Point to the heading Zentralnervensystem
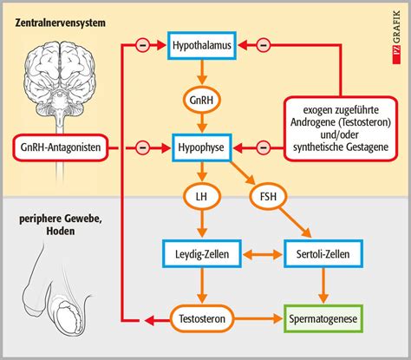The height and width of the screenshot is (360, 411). (x=61, y=23)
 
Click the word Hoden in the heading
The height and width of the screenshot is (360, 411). (x=61, y=231)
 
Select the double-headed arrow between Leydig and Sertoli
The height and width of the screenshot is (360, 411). (x=263, y=254)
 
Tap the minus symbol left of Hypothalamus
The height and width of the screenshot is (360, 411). (x=142, y=45)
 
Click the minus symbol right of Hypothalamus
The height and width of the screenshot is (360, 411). (x=264, y=45)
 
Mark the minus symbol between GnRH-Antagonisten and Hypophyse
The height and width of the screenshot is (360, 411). (x=142, y=147)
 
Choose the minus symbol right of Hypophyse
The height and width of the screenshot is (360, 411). (x=264, y=147)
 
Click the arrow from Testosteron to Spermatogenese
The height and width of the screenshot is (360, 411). (x=258, y=319)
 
